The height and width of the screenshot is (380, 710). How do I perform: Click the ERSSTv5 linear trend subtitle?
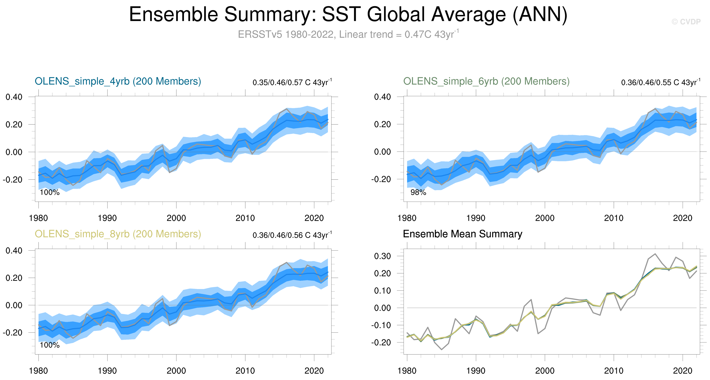click(348, 34)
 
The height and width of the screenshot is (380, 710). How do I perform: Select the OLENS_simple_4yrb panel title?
click(118, 81)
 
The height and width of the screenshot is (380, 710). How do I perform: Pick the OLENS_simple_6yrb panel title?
click(486, 81)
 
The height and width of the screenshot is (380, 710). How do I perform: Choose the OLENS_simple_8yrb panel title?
click(118, 234)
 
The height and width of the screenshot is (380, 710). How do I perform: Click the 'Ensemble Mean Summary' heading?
click(463, 234)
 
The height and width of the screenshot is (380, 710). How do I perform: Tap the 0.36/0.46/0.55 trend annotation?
click(660, 82)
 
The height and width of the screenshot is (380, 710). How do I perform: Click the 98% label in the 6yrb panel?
click(418, 193)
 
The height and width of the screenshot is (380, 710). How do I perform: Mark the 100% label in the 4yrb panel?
click(50, 193)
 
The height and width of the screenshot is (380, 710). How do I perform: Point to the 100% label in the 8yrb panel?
click(50, 345)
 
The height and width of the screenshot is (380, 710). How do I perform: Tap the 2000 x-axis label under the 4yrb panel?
click(176, 218)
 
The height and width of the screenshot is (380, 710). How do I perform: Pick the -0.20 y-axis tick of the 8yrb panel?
click(13, 333)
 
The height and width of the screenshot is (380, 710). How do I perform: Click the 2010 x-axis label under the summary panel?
click(614, 371)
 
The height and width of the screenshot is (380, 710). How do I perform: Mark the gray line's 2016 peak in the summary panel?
click(655, 254)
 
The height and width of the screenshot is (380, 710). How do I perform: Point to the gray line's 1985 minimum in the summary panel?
click(442, 350)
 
